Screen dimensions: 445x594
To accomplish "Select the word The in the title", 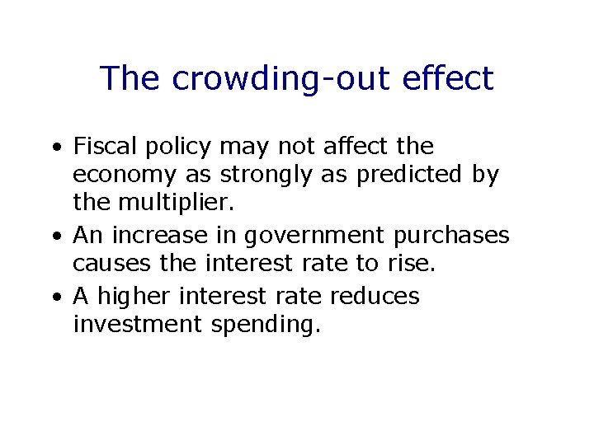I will click(x=131, y=78).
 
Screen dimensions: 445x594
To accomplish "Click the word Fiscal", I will click(x=102, y=147).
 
